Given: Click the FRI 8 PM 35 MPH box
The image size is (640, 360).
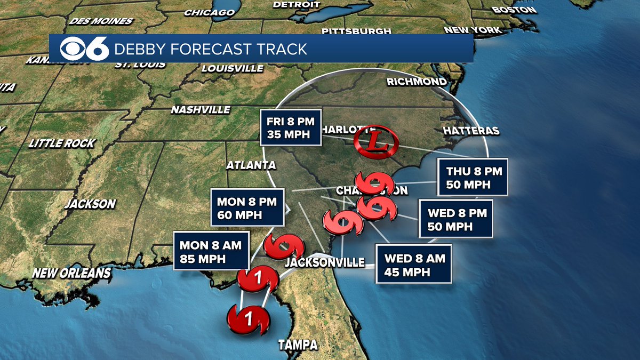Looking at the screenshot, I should click(x=290, y=127).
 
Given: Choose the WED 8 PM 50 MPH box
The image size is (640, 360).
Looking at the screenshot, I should click(x=455, y=219).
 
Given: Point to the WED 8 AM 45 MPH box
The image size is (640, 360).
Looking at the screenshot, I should click(x=414, y=265).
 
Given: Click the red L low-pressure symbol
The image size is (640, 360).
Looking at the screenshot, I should click(x=376, y=141).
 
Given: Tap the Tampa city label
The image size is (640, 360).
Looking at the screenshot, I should click(x=298, y=345).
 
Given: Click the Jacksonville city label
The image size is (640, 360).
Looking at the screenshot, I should click(x=325, y=262).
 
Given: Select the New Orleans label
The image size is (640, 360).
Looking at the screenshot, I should click(x=71, y=274).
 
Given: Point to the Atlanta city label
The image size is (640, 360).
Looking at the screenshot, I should click(x=251, y=165).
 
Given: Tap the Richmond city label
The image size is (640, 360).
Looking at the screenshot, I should click(x=417, y=82).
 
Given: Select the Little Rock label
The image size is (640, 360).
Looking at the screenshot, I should click(x=62, y=143).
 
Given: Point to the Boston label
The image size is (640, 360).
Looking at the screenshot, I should click(x=514, y=10).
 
